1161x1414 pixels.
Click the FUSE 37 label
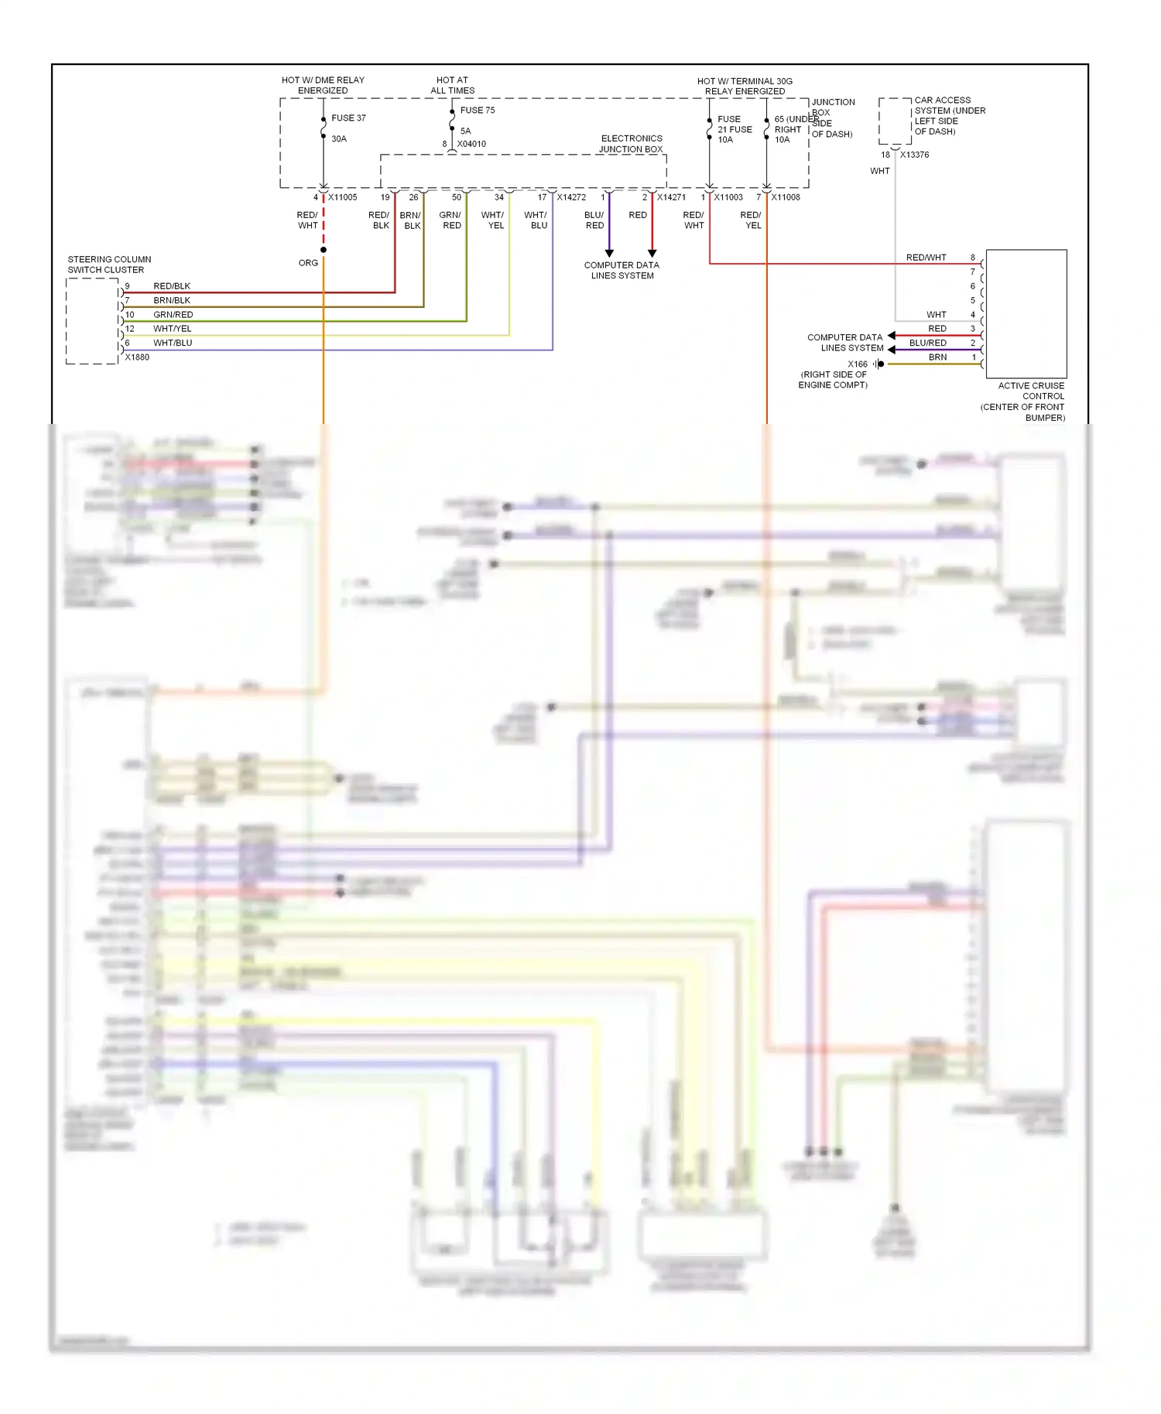pyautogui.click(x=348, y=118)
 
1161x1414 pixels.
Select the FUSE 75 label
pyautogui.click(x=477, y=111)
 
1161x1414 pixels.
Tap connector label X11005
pyautogui.click(x=342, y=197)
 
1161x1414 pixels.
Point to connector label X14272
pyautogui.click(x=571, y=197)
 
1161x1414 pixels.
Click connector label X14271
pyautogui.click(x=671, y=197)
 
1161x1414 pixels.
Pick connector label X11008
pyautogui.click(x=786, y=197)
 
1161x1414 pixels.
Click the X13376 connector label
pyautogui.click(x=914, y=155)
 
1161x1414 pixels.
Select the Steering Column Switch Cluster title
pyautogui.click(x=109, y=265)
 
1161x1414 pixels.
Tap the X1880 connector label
pyautogui.click(x=137, y=357)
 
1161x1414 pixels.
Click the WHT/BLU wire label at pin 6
pyautogui.click(x=173, y=343)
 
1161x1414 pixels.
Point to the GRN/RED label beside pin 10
pyautogui.click(x=173, y=315)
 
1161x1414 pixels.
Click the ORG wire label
pyautogui.click(x=308, y=263)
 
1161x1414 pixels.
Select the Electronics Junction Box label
pyautogui.click(x=631, y=144)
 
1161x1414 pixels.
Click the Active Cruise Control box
pyautogui.click(x=1026, y=313)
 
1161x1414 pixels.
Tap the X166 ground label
pyautogui.click(x=857, y=364)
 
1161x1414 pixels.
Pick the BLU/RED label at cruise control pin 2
pyautogui.click(x=927, y=343)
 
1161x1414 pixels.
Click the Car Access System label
pyautogui.click(x=950, y=116)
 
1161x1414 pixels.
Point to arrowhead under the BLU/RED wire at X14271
pyautogui.click(x=609, y=253)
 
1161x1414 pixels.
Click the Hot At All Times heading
pyautogui.click(x=452, y=85)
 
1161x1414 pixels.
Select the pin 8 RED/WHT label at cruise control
pyautogui.click(x=926, y=258)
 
